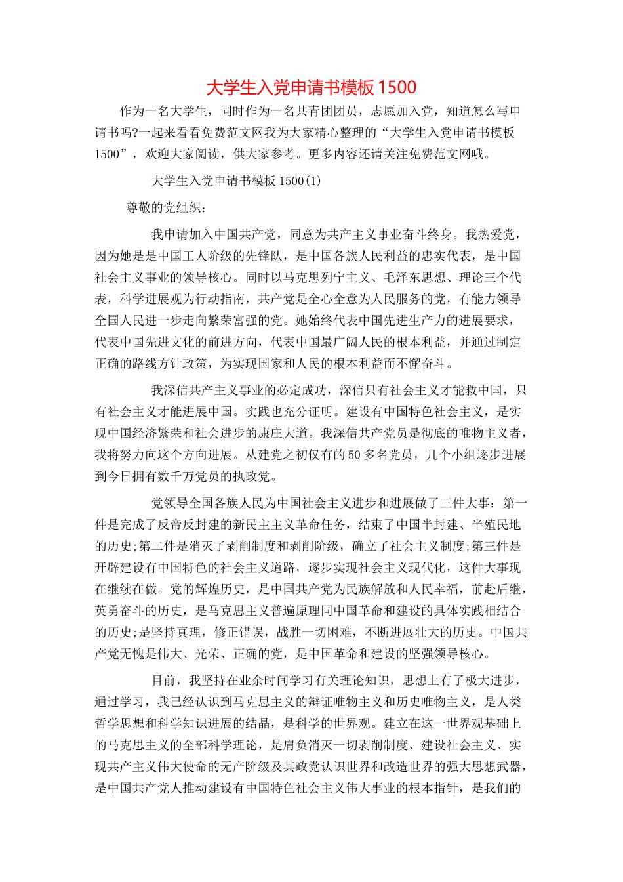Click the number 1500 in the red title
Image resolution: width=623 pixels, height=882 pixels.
click(x=397, y=87)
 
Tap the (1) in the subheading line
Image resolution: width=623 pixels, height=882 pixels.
click(x=313, y=180)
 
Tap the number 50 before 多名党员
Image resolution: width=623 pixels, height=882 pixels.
click(x=354, y=455)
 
